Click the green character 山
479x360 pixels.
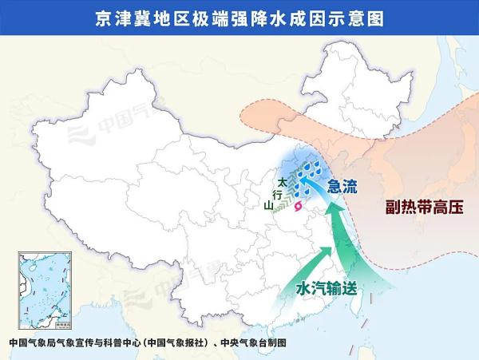(269, 206)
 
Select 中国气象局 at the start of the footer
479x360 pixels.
(32, 342)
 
